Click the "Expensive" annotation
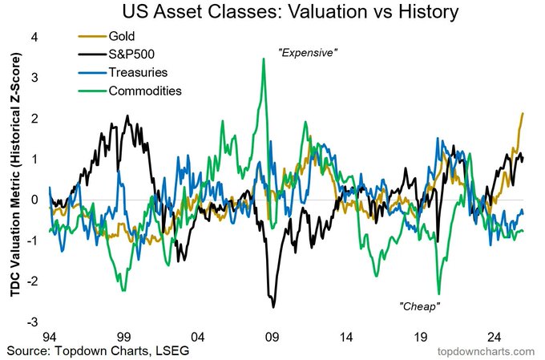[308, 52]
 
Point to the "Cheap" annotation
[420, 306]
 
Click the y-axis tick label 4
[33, 36]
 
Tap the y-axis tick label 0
[33, 200]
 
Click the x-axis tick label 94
[50, 337]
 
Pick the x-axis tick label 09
[272, 337]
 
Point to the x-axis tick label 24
[495, 337]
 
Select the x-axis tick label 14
[346, 337]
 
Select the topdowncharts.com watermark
[486, 352]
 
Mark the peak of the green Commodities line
[263, 59]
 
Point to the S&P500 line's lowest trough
[273, 306]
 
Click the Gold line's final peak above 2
[523, 114]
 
